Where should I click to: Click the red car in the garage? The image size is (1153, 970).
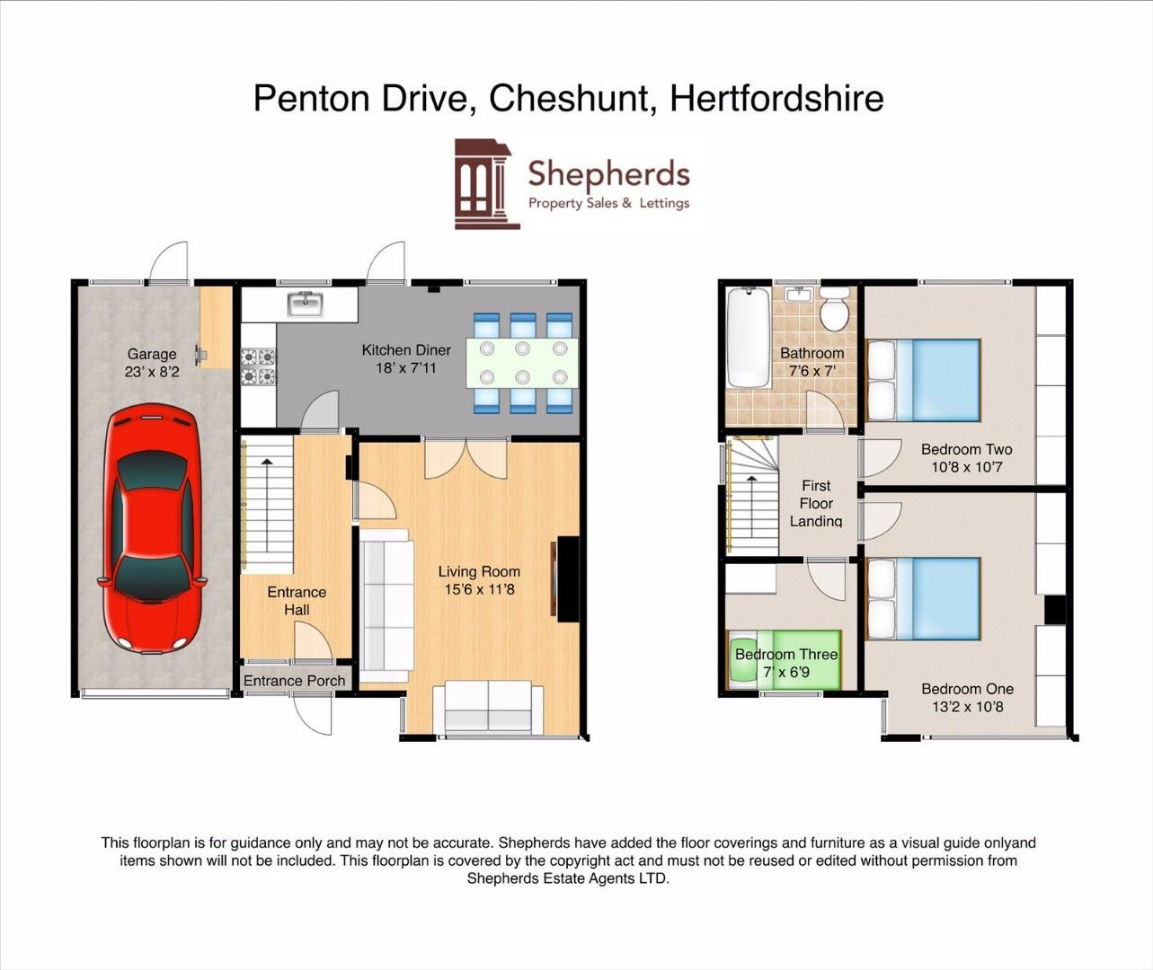[x=152, y=529]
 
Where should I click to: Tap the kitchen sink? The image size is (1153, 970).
[x=305, y=304]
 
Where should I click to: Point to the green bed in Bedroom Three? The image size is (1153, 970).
[x=784, y=661]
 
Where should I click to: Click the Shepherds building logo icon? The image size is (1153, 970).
[x=485, y=183]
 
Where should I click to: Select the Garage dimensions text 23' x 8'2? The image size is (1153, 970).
[x=152, y=372]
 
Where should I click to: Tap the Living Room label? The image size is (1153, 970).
[x=479, y=571]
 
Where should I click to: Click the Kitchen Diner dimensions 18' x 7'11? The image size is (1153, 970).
[x=406, y=367]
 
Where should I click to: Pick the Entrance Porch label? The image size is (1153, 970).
[x=294, y=681]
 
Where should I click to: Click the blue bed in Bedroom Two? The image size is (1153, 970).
[x=923, y=380]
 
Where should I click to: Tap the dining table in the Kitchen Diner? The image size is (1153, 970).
[x=521, y=363]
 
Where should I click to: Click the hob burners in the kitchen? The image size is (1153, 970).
[x=258, y=367]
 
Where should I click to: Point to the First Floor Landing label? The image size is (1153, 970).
[x=816, y=503]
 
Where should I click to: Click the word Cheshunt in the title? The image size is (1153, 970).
[x=568, y=98]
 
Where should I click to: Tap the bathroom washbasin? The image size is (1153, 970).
[x=798, y=295]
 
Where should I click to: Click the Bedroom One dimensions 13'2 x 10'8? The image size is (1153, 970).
[x=967, y=707]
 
